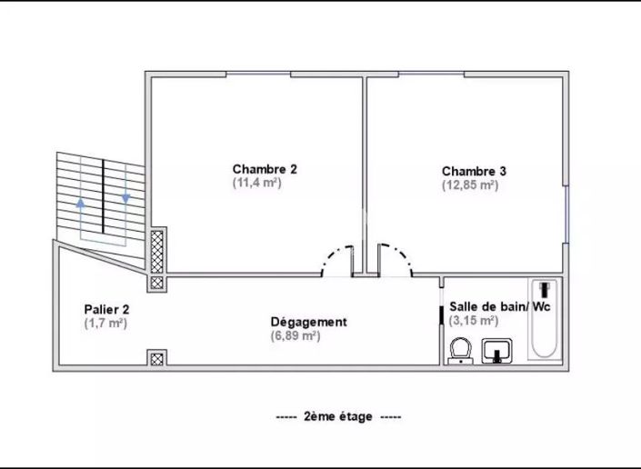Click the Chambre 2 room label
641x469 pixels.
tap(265, 169)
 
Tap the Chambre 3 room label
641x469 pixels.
tap(474, 171)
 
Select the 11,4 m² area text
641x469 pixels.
tap(256, 183)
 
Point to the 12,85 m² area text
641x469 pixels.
tap(470, 185)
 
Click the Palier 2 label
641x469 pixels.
tap(106, 310)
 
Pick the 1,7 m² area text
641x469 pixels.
tap(105, 324)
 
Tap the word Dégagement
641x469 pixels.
tap(308, 322)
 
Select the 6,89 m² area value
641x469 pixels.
tap(295, 335)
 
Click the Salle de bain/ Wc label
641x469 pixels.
tap(499, 306)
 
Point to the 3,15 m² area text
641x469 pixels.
tap(474, 320)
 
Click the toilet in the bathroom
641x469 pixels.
tap(461, 351)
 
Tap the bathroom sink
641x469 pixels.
tap(497, 351)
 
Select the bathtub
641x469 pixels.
tap(544, 319)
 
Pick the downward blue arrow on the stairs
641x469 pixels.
tap(125, 198)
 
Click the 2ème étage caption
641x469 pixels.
tap(338, 416)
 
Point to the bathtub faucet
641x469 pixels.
tap(544, 289)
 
